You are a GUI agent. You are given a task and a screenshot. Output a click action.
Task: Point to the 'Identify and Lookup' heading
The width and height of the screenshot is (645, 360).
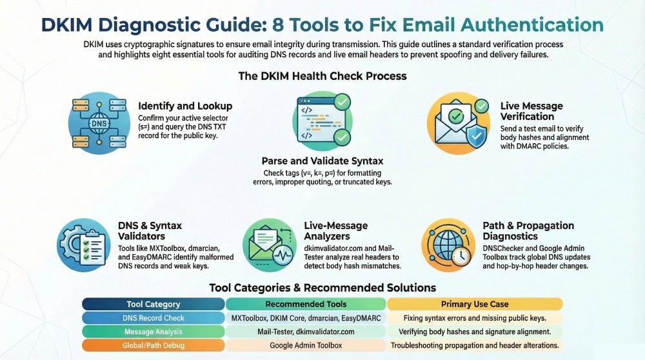point(185,106)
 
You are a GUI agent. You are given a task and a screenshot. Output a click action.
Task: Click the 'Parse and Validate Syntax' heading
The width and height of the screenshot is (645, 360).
point(322,161)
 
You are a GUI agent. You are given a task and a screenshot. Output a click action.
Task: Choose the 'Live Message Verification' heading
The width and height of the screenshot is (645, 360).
point(531,111)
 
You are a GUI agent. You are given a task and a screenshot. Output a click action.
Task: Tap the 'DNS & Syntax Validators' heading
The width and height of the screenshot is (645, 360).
point(150,231)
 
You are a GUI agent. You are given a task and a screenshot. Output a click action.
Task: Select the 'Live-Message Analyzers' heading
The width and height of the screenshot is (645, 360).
point(335,231)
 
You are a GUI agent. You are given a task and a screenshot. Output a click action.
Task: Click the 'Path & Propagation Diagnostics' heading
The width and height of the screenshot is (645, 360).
point(528,231)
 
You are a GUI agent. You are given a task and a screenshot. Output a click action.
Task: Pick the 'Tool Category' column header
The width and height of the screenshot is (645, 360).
point(154,304)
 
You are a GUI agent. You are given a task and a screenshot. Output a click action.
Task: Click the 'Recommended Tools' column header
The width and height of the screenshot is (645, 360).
point(306,304)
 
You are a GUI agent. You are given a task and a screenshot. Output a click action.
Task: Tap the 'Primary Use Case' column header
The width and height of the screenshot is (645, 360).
point(475,304)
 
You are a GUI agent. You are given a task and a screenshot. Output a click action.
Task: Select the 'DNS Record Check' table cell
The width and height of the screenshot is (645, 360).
point(154,318)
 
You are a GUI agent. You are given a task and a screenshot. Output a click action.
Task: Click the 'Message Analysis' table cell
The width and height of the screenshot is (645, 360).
point(154,332)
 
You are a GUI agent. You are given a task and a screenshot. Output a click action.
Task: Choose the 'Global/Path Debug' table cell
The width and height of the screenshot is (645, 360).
point(154,345)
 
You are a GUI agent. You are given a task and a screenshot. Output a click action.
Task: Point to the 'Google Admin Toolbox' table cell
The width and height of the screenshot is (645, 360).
point(306,345)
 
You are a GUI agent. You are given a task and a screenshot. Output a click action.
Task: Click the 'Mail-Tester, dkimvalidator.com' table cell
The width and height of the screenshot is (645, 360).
point(306,332)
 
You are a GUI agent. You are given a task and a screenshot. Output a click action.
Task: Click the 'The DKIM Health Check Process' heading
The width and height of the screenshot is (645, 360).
point(322,75)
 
